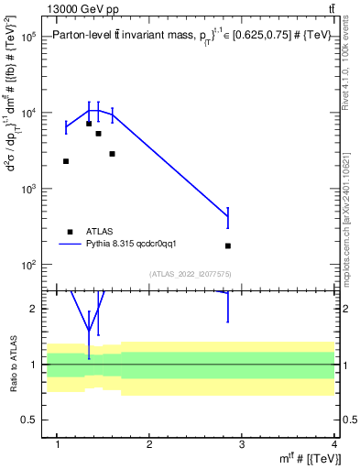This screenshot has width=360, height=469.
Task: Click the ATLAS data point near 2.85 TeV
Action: tap(228, 245)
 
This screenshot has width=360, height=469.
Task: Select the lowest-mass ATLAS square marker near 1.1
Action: tap(66, 161)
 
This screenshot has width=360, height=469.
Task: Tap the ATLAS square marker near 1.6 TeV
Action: tap(112, 154)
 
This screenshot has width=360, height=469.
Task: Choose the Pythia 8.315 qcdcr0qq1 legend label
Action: tap(137, 245)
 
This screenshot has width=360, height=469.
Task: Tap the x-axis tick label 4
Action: tap(334, 445)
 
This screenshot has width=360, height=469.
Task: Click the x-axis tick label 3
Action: tap(242, 445)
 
